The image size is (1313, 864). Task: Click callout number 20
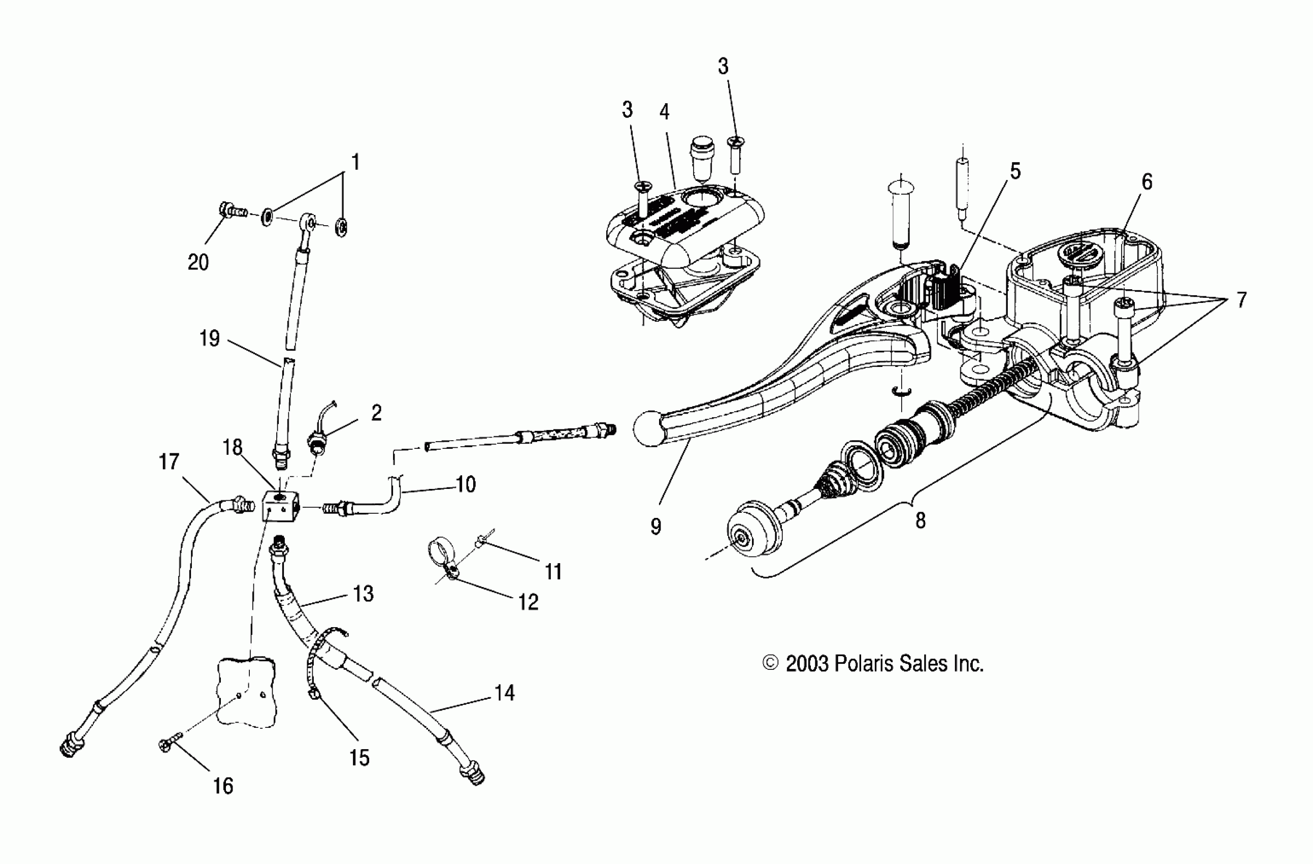[198, 262]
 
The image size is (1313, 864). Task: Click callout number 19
[210, 338]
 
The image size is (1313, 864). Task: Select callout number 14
[504, 693]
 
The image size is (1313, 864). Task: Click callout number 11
[553, 572]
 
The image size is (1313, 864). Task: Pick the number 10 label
[466, 484]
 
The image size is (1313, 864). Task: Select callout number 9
[655, 527]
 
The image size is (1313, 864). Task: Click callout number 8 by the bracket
[920, 520]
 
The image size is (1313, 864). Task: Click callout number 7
[1241, 300]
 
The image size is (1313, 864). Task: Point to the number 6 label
[1147, 181]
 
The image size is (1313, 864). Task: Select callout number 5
[1015, 171]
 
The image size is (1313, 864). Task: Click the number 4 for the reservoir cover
[664, 112]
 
